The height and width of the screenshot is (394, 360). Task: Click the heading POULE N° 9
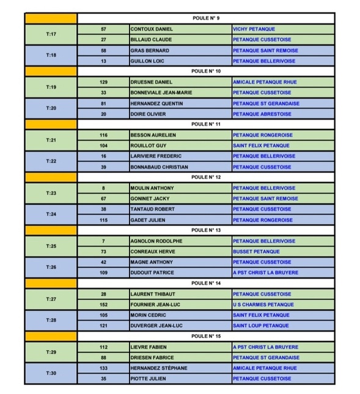[x=205, y=18]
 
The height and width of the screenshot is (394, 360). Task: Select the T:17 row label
[x=51, y=34]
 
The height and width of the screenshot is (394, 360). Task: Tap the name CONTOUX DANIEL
[x=151, y=29]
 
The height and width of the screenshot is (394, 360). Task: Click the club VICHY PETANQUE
[x=254, y=29]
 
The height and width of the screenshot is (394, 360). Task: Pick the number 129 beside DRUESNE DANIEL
[x=103, y=82]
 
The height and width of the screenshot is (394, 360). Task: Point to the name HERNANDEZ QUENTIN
[x=156, y=103]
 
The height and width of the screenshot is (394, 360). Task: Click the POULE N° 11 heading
[x=205, y=124]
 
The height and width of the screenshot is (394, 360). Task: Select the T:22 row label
[x=51, y=161]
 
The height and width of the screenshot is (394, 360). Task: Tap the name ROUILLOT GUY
[x=148, y=145]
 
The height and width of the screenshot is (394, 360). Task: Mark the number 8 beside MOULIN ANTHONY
[x=103, y=188]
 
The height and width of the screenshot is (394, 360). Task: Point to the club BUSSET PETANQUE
[x=256, y=251]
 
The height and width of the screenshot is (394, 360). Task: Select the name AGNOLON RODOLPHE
[x=156, y=241]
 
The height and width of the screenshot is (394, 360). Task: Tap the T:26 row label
[x=51, y=267]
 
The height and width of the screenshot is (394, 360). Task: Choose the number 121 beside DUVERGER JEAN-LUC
[x=103, y=326]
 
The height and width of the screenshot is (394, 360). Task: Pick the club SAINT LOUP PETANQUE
[x=261, y=326]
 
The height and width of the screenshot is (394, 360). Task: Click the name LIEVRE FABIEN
[x=149, y=347]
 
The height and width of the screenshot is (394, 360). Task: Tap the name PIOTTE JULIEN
[x=149, y=379]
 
